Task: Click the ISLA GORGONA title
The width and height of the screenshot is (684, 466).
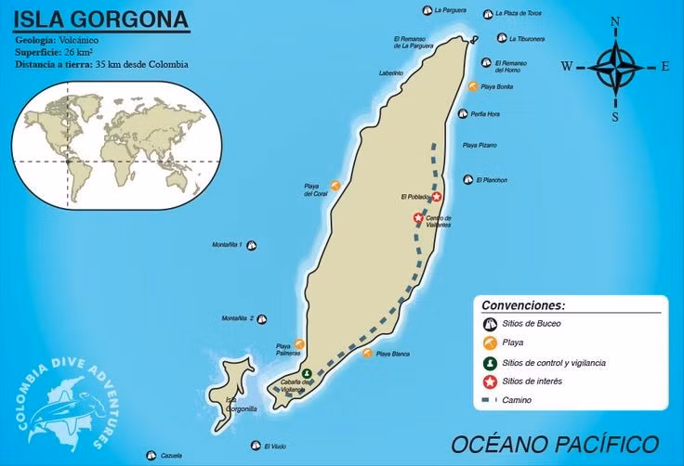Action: coord(99,19)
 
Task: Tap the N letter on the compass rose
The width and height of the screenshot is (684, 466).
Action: coord(615,21)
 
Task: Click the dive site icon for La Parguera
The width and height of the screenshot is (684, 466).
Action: coord(426,11)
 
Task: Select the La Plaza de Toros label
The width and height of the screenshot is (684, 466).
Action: coord(518,13)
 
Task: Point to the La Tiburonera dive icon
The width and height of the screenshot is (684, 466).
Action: coord(502,38)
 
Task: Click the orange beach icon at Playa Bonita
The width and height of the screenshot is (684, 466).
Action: coord(474,86)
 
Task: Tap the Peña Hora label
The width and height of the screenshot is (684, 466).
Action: coord(485,113)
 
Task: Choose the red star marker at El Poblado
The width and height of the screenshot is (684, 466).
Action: coord(436,196)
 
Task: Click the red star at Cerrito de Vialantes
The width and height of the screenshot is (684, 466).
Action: coord(418,218)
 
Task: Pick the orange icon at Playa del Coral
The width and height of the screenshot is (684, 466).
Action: coord(335,185)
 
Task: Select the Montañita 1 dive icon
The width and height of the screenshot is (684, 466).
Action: coord(251,245)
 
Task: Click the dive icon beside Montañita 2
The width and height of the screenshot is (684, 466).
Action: coord(262,320)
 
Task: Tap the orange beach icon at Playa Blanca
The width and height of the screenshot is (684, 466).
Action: coord(367,353)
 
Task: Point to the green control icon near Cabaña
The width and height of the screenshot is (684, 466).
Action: coord(307,374)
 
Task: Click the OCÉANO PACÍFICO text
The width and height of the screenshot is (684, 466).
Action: coord(555,444)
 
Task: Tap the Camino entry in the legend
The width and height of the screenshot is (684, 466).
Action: coord(518,400)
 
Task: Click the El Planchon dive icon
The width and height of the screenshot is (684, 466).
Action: coord(468,180)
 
